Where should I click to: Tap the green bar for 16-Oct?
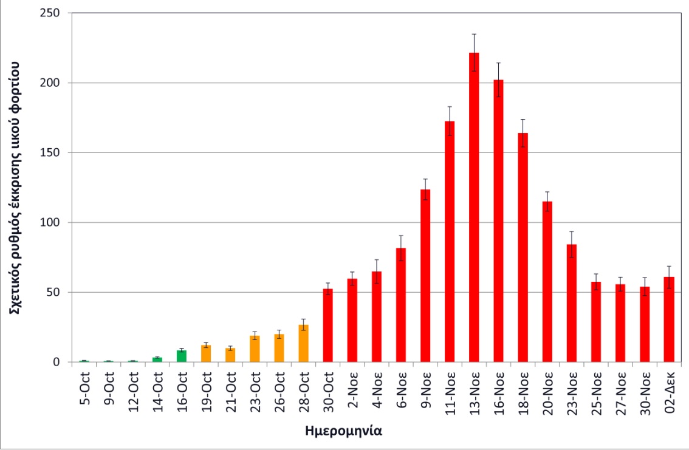[182, 356]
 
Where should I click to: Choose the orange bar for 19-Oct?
[206, 353]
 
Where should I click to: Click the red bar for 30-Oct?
[328, 326]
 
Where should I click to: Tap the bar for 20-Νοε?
[547, 282]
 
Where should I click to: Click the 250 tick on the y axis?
[55, 13]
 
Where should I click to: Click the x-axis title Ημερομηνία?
[343, 432]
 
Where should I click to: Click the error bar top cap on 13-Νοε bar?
[474, 34]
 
